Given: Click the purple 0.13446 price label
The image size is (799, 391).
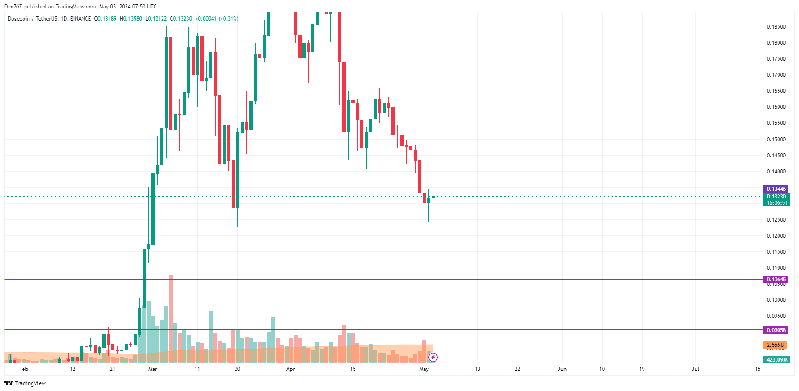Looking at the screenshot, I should click(x=775, y=189).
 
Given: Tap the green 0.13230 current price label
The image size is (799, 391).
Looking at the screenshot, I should click(x=776, y=197).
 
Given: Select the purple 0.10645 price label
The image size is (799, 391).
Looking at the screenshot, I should click(x=776, y=280).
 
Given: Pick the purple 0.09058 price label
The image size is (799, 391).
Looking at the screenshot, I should click(x=776, y=330).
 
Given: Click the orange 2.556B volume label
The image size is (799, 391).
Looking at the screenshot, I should click(x=775, y=345).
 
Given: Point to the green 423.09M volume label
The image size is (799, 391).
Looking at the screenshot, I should click(x=777, y=360).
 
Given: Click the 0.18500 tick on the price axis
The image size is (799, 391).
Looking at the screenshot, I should click(x=776, y=27).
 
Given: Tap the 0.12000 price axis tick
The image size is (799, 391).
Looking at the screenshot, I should click(x=776, y=236).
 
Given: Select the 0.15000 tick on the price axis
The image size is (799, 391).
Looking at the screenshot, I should click(x=776, y=140).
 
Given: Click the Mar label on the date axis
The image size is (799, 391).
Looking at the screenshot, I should click(x=153, y=369).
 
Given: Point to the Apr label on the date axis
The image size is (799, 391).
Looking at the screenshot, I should click(x=290, y=369).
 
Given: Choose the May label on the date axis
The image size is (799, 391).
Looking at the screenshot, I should click(x=424, y=369).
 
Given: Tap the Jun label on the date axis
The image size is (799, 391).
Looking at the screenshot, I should click(x=562, y=369).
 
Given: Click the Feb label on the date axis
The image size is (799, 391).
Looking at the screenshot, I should click(x=24, y=369).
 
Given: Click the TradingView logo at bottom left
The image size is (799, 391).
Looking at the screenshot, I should click(x=25, y=383).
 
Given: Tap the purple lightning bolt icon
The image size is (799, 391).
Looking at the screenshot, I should click(x=433, y=357).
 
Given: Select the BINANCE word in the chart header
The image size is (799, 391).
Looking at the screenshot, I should click(x=81, y=19).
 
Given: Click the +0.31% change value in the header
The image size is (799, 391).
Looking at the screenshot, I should click(x=228, y=19).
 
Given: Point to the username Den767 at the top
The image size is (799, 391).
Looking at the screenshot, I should click(x=13, y=7).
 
